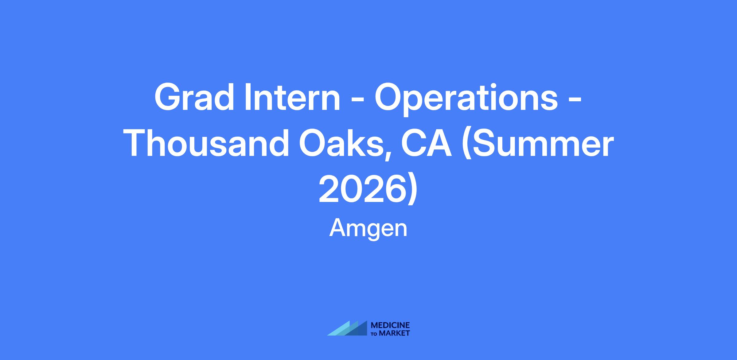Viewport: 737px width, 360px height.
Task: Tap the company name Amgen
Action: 368,229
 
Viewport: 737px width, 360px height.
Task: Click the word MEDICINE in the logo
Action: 390,326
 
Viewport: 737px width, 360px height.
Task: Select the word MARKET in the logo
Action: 395,333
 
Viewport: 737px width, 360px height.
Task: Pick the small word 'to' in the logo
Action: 375,334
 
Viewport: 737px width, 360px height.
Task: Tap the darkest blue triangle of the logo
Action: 359,330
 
